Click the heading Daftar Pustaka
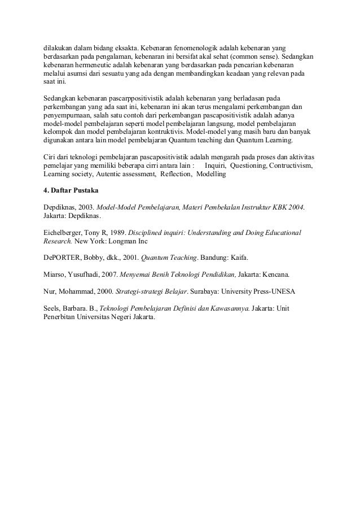73,191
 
